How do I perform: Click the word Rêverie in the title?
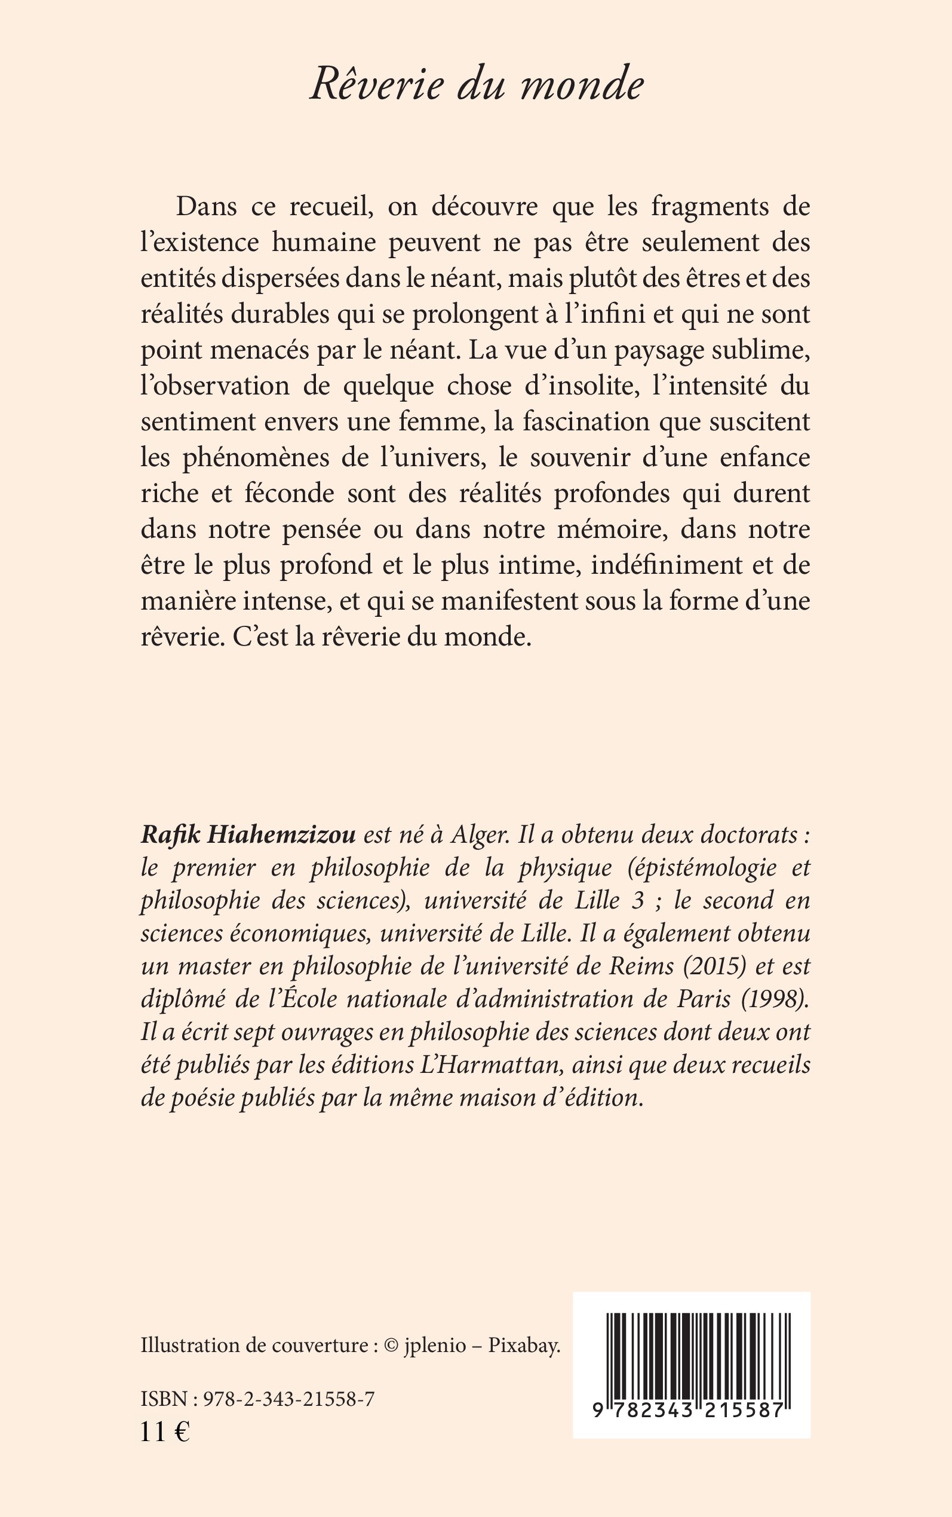(x=376, y=84)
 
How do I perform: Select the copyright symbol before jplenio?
(x=391, y=1346)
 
